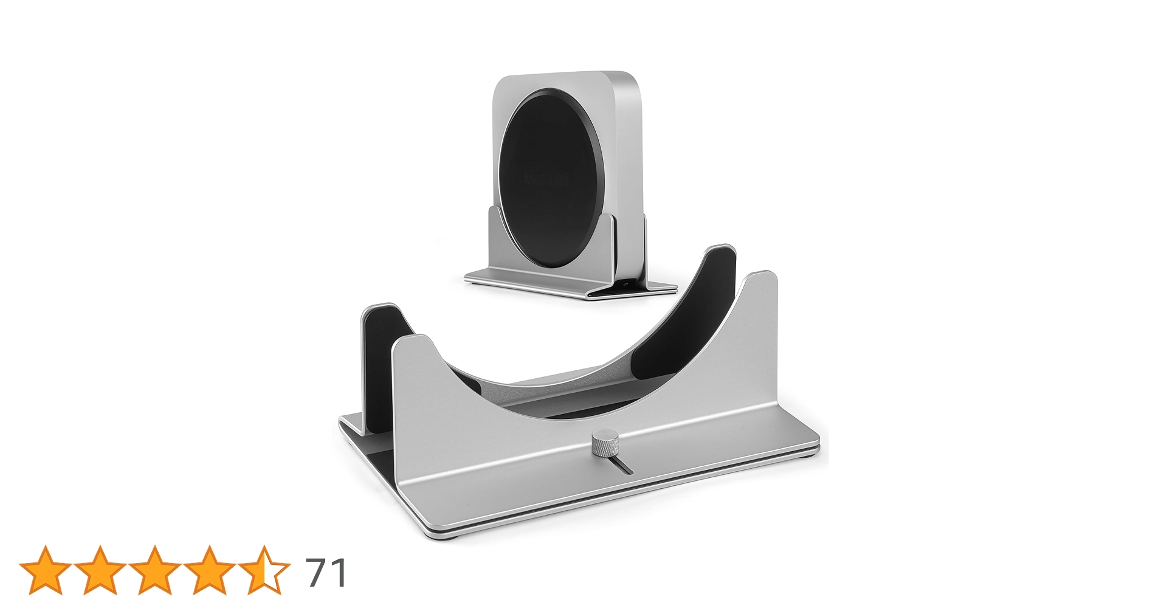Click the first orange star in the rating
point(44,570)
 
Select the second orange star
point(100,570)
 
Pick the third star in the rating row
point(154,570)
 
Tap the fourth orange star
point(209,570)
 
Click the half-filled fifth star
point(264,570)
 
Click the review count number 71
point(326,572)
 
